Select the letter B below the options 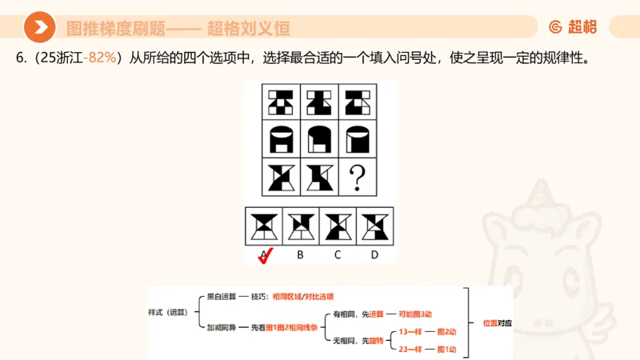(x=300, y=255)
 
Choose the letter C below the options (x=338, y=255)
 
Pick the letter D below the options (x=374, y=255)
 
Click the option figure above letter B (x=301, y=226)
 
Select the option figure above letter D (x=374, y=226)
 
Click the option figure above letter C (x=338, y=226)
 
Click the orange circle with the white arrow (x=39, y=27)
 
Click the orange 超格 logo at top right (x=573, y=27)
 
